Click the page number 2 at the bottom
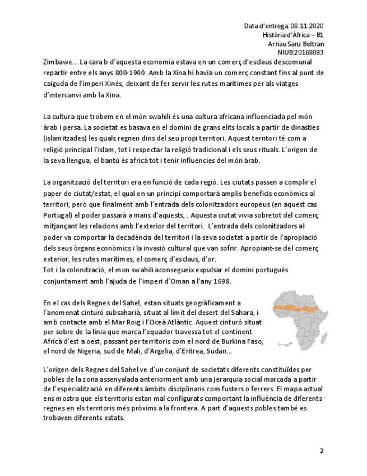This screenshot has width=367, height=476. click(322, 451)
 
